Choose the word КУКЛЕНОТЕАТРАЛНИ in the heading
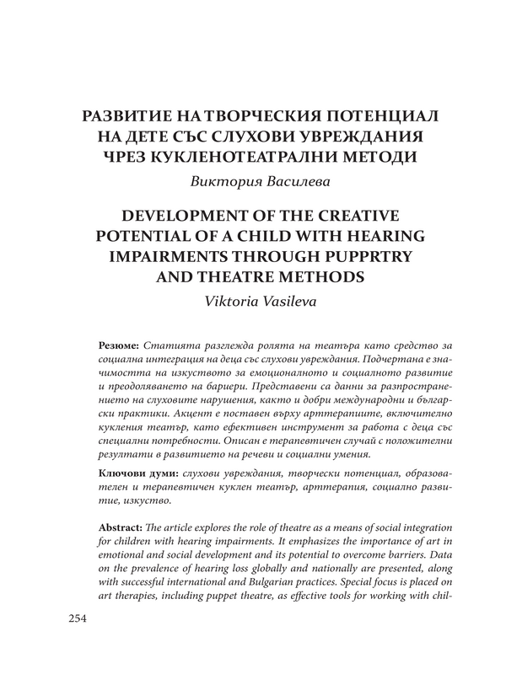[262, 156]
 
